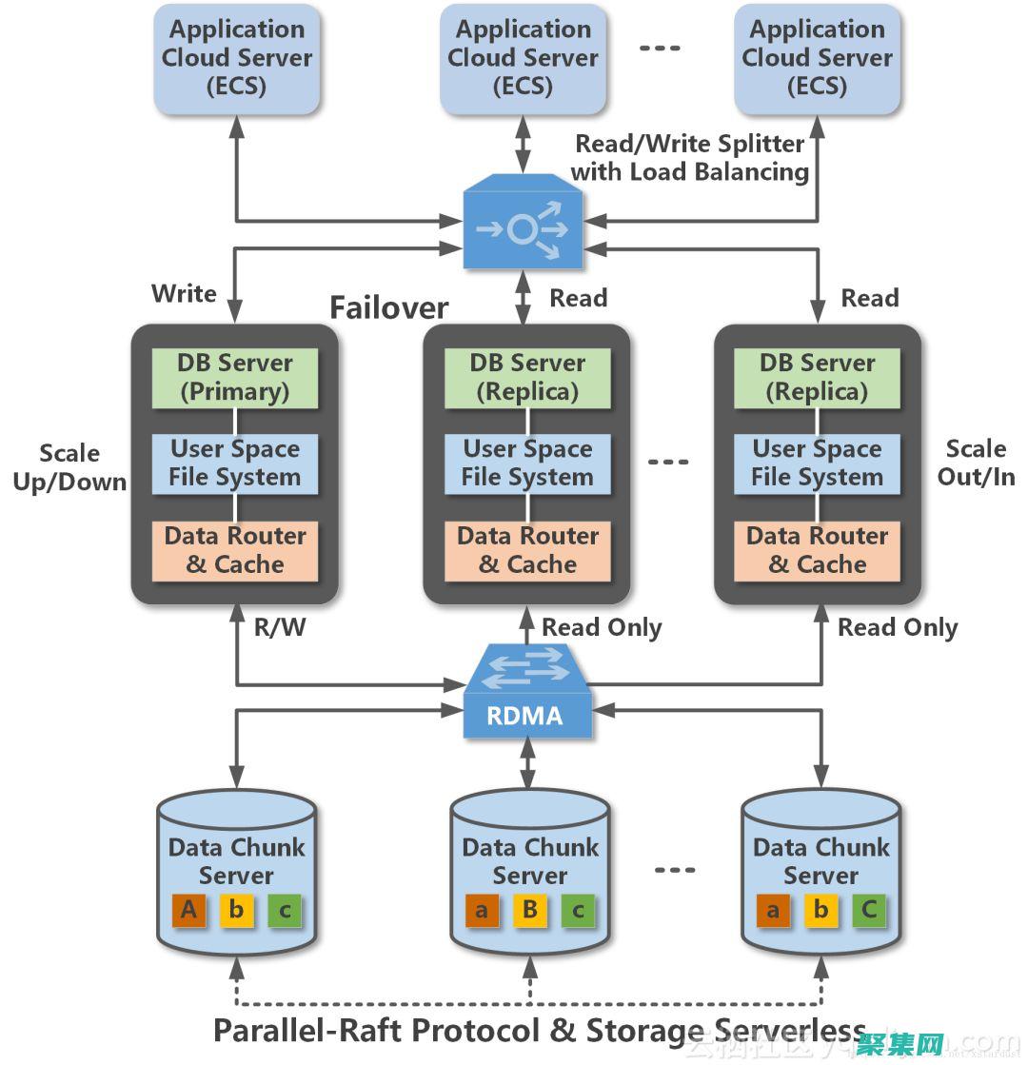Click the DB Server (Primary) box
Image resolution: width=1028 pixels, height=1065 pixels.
234,378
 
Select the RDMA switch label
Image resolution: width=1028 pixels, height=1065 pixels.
525,716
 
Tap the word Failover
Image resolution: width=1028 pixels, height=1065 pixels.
388,307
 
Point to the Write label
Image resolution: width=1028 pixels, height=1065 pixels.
184,293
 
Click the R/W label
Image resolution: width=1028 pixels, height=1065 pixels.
280,628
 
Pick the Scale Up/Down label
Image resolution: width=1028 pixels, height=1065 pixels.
69,467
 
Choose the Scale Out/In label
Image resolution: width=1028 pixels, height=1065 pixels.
976,463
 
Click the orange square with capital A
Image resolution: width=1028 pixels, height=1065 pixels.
188,911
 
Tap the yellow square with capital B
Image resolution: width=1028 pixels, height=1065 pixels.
530,911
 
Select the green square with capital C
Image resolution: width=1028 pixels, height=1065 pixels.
869,911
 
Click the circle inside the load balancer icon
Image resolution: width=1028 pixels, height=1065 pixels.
521,228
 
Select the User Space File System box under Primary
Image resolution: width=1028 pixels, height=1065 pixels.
234,463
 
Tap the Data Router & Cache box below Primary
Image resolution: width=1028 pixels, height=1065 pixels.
234,550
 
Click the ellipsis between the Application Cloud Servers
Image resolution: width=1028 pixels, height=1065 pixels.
659,48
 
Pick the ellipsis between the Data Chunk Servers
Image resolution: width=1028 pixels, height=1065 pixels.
675,869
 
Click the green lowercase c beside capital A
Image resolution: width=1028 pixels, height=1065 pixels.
284,911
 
